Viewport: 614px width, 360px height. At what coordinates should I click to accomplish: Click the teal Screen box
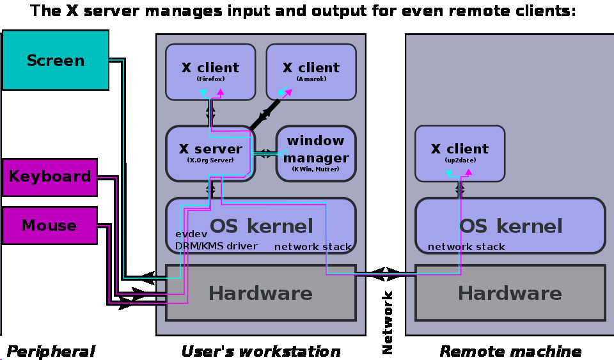[x=56, y=60]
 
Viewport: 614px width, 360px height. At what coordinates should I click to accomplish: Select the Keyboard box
[x=50, y=177]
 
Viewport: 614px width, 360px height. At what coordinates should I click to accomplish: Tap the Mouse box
[x=49, y=226]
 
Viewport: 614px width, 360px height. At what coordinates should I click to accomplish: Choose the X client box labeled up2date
[x=459, y=153]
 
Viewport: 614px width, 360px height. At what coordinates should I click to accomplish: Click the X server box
[x=210, y=153]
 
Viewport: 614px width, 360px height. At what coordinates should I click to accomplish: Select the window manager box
[x=315, y=153]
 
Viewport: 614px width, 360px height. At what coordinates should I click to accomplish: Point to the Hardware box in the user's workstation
[x=260, y=293]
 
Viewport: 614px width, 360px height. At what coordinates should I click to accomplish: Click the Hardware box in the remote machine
[x=510, y=293]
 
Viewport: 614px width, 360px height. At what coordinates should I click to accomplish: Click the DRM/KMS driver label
[x=216, y=246]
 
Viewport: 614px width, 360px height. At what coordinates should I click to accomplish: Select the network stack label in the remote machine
[x=466, y=247]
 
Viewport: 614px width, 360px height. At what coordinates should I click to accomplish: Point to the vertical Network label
[x=388, y=323]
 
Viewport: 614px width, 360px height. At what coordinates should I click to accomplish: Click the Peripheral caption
[x=51, y=351]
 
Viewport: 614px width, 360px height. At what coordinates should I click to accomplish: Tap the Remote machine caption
[x=510, y=351]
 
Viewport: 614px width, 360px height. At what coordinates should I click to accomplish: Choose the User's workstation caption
[x=260, y=351]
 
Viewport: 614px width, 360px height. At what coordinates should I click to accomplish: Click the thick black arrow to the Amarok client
[x=265, y=113]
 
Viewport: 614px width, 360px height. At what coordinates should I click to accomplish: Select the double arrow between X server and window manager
[x=264, y=153]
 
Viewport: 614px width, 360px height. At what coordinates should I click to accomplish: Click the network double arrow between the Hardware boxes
[x=386, y=274]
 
